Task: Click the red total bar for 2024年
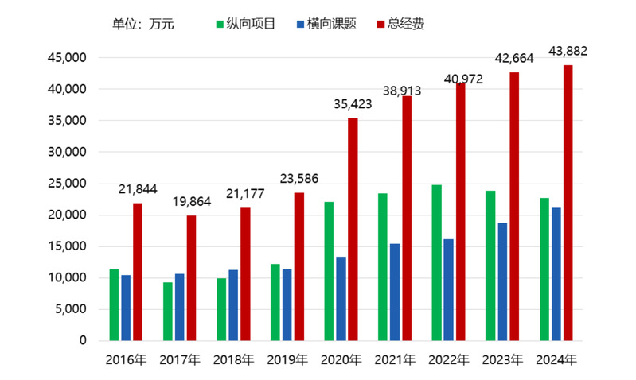tap(568, 203)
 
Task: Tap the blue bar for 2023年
tap(502, 281)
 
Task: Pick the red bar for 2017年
tap(191, 277)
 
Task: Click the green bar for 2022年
tap(436, 262)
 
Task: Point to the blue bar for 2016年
tap(126, 308)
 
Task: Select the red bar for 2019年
tap(298, 266)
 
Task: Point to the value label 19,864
tap(191, 202)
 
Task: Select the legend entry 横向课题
tap(328, 24)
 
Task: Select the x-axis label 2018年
tap(233, 360)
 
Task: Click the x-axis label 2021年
tap(395, 360)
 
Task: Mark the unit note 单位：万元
tap(143, 24)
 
